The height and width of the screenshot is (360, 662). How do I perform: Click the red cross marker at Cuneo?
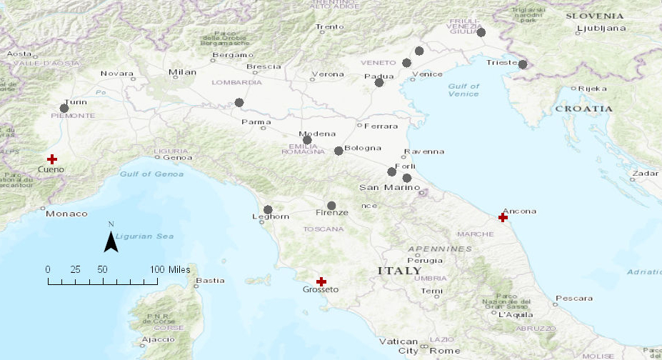(x=51, y=159)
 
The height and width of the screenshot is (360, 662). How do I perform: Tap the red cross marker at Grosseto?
(x=321, y=281)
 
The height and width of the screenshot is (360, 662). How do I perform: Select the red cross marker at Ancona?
(x=503, y=217)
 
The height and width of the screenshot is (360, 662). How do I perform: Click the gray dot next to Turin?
(x=64, y=109)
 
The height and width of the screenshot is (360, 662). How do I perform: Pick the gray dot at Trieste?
(x=523, y=64)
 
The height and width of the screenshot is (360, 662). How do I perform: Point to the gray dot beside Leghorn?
(x=268, y=210)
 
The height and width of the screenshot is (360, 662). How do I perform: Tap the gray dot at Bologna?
(x=338, y=151)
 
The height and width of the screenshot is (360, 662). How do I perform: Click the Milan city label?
(x=182, y=72)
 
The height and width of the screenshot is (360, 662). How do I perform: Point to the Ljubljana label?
(x=601, y=29)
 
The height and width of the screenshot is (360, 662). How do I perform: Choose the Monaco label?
(x=66, y=214)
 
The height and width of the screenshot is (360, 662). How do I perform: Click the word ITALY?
(x=399, y=271)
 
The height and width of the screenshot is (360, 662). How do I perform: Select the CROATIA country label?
(x=584, y=109)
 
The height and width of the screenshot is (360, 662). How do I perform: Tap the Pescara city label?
(x=575, y=298)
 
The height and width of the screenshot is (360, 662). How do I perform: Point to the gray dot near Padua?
(x=379, y=83)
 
